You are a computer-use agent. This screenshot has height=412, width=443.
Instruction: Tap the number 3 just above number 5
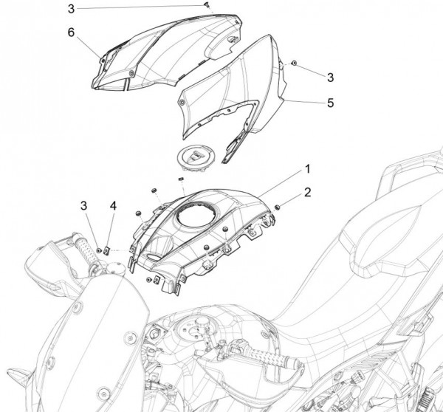click(330, 76)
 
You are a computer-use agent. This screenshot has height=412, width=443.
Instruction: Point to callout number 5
click(330, 103)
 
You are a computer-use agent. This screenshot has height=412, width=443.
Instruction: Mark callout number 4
click(113, 205)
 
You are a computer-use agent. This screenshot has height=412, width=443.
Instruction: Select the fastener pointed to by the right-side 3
click(294, 64)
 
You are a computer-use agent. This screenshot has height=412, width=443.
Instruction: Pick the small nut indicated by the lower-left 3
click(97, 252)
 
